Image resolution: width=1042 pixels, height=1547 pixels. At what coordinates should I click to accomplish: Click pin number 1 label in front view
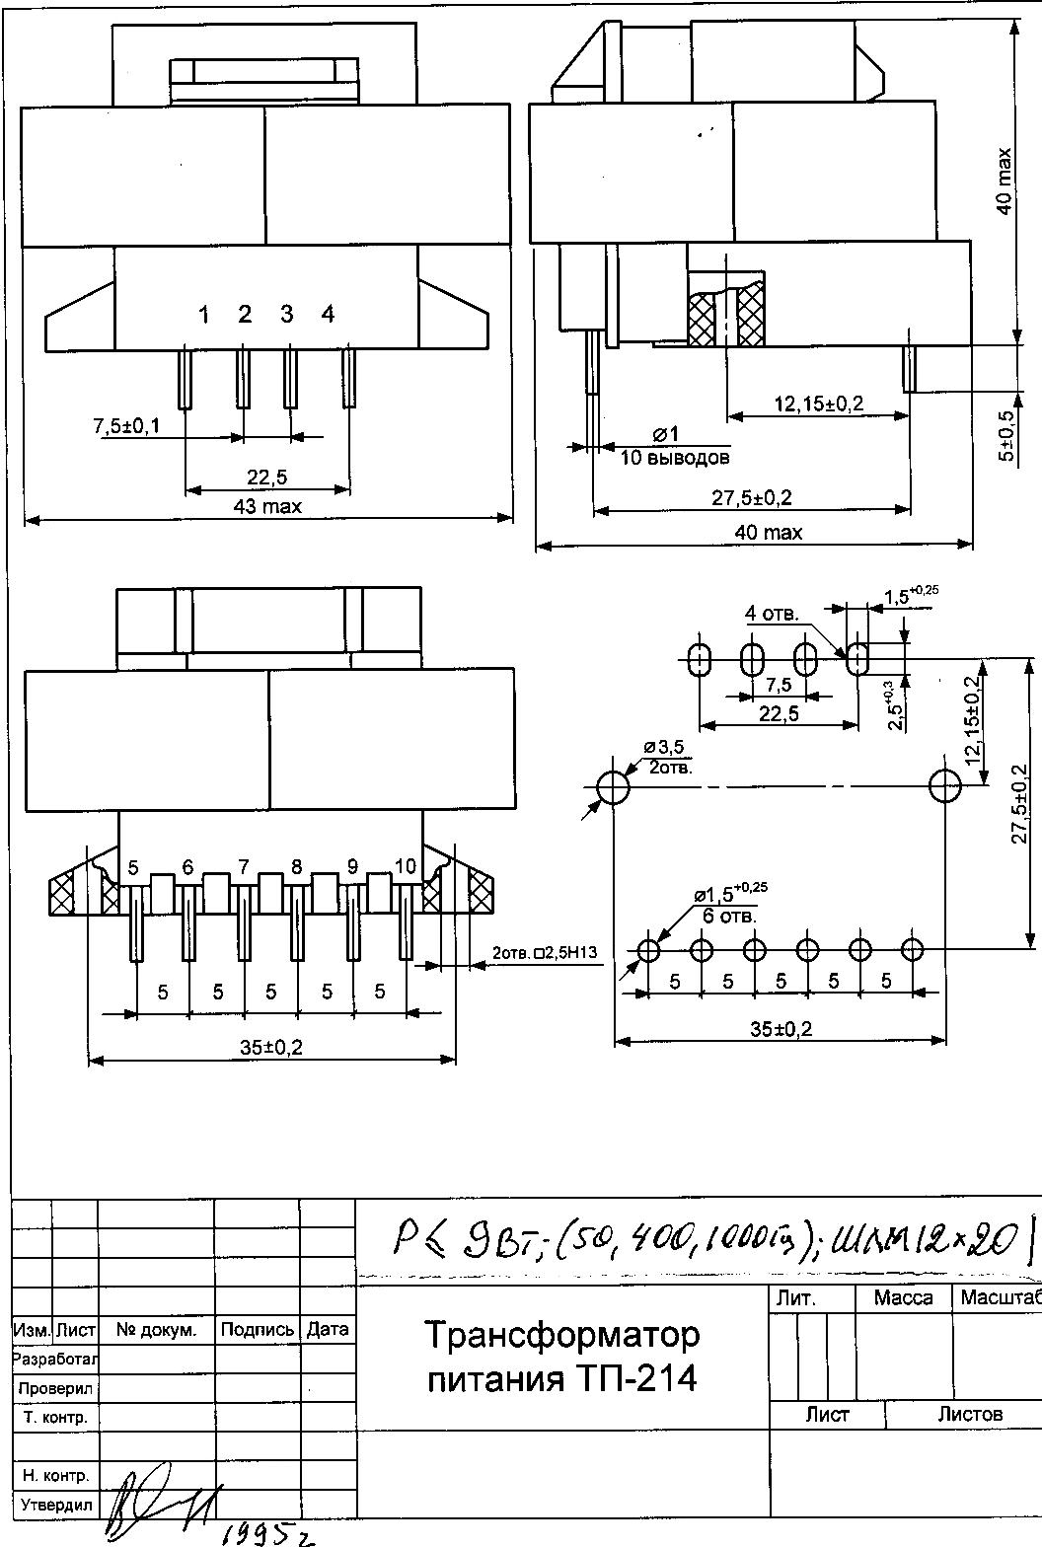tap(204, 315)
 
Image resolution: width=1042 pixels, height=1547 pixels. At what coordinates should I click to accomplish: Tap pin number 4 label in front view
tap(328, 314)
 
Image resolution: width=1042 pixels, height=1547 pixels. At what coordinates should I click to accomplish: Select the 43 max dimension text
tap(268, 507)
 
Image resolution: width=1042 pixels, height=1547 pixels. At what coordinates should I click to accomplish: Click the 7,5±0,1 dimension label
tap(126, 426)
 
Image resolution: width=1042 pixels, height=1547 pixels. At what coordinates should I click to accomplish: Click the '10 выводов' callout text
tap(676, 458)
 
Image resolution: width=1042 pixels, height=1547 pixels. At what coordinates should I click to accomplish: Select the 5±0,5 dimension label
tap(1005, 435)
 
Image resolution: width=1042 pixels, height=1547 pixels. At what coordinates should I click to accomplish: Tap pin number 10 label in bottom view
tap(405, 866)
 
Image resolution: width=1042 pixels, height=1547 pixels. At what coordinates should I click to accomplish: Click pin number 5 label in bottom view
tap(133, 868)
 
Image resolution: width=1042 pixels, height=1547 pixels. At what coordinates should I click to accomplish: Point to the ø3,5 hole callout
tap(663, 747)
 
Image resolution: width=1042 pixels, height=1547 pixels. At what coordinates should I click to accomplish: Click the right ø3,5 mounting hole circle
tap(945, 786)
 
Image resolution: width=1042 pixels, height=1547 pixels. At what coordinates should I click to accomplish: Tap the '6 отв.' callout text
tap(729, 916)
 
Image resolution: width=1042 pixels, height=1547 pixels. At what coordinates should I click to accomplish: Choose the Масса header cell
tap(903, 1298)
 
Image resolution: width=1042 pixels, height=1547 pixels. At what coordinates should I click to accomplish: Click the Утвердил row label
tap(56, 1505)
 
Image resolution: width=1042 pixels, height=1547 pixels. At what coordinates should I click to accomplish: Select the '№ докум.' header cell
tap(156, 1330)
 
